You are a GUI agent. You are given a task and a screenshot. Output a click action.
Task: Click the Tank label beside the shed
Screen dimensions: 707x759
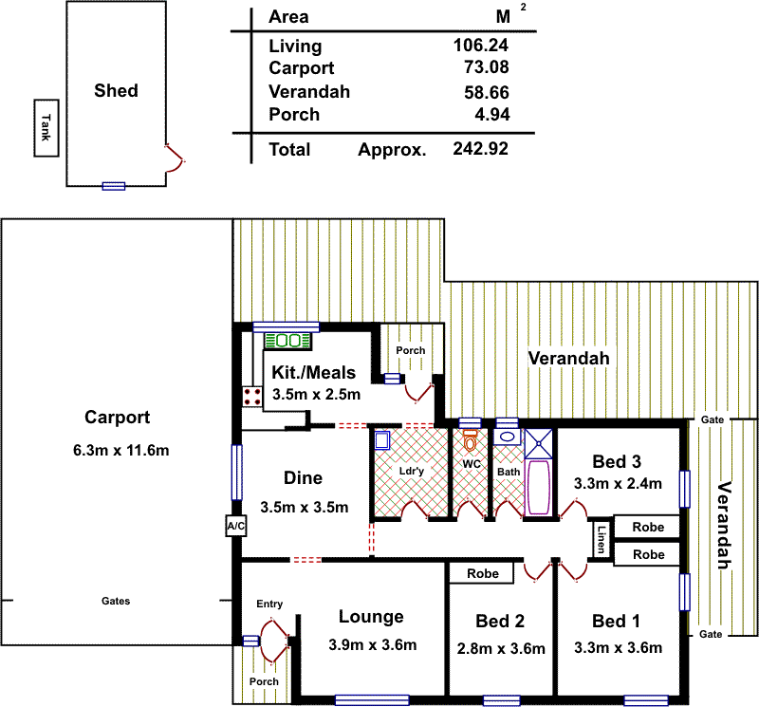pos(44,126)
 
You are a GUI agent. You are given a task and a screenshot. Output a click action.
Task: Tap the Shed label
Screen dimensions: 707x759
pos(116,91)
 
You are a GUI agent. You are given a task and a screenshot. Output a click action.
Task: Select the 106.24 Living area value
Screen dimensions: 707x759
pos(481,46)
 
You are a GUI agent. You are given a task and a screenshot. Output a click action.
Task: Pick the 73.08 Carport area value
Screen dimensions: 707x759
pos(486,67)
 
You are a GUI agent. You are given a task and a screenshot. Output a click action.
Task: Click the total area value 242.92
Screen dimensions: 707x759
pos(481,150)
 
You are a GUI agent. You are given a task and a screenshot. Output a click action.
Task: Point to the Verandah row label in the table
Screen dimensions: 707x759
pos(309,92)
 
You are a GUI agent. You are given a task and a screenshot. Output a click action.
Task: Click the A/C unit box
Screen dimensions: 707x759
pos(234,527)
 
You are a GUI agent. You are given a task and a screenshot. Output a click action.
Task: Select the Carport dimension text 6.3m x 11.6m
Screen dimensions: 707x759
pos(120,451)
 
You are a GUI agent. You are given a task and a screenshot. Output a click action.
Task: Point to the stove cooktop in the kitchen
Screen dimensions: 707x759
pos(252,396)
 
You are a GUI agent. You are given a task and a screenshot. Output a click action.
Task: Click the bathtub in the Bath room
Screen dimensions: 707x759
pos(538,487)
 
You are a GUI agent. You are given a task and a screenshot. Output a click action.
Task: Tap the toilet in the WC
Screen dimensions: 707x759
pos(470,441)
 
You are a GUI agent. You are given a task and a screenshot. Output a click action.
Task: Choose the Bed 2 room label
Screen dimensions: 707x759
pos(500,622)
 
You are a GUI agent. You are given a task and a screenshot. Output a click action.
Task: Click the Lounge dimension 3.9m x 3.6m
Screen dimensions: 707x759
pos(371,645)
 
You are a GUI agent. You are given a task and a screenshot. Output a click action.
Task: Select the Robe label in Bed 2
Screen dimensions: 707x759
pos(481,573)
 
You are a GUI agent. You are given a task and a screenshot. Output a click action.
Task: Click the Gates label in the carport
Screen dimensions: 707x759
pos(117,601)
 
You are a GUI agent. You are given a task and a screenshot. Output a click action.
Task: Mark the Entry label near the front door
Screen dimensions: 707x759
pos(269,604)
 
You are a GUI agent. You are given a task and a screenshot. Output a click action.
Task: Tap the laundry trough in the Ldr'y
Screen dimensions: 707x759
pos(382,439)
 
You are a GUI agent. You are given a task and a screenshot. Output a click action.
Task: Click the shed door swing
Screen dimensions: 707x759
pos(176,158)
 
